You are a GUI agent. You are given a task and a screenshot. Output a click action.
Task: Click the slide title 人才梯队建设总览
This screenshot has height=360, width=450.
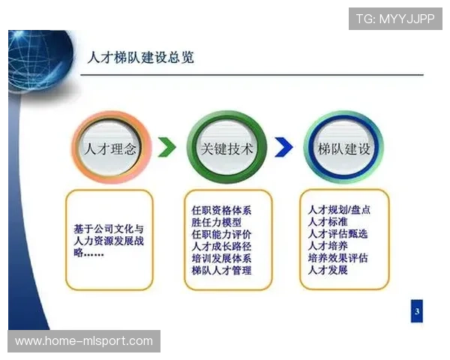(140, 58)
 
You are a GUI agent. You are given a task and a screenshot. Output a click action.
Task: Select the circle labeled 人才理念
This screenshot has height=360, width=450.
(112, 148)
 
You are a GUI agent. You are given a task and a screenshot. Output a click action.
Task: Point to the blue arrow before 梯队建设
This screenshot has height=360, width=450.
(283, 148)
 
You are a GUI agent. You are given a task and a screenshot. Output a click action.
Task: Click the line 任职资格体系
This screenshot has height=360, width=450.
(222, 210)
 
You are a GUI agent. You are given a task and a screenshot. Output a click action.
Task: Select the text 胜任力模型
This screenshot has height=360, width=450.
(217, 222)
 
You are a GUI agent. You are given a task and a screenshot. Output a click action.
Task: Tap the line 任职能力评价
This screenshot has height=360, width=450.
(222, 234)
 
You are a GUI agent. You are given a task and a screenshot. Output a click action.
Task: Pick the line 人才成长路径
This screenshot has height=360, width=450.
(222, 246)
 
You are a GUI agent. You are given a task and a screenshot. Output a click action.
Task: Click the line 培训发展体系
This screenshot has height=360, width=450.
(222, 258)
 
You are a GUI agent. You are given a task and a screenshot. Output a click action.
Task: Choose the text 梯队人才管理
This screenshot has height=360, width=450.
(222, 270)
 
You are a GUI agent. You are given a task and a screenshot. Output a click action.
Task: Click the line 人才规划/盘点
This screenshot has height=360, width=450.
(339, 210)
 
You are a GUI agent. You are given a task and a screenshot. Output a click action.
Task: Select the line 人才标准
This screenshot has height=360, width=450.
(328, 222)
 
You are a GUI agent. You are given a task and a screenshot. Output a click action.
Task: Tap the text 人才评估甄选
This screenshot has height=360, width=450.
(338, 234)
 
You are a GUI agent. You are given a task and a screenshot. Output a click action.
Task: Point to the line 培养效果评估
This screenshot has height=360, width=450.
(338, 258)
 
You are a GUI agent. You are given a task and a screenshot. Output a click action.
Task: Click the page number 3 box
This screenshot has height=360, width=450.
(417, 310)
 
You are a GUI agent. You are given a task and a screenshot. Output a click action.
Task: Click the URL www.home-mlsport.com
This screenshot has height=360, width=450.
(84, 341)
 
